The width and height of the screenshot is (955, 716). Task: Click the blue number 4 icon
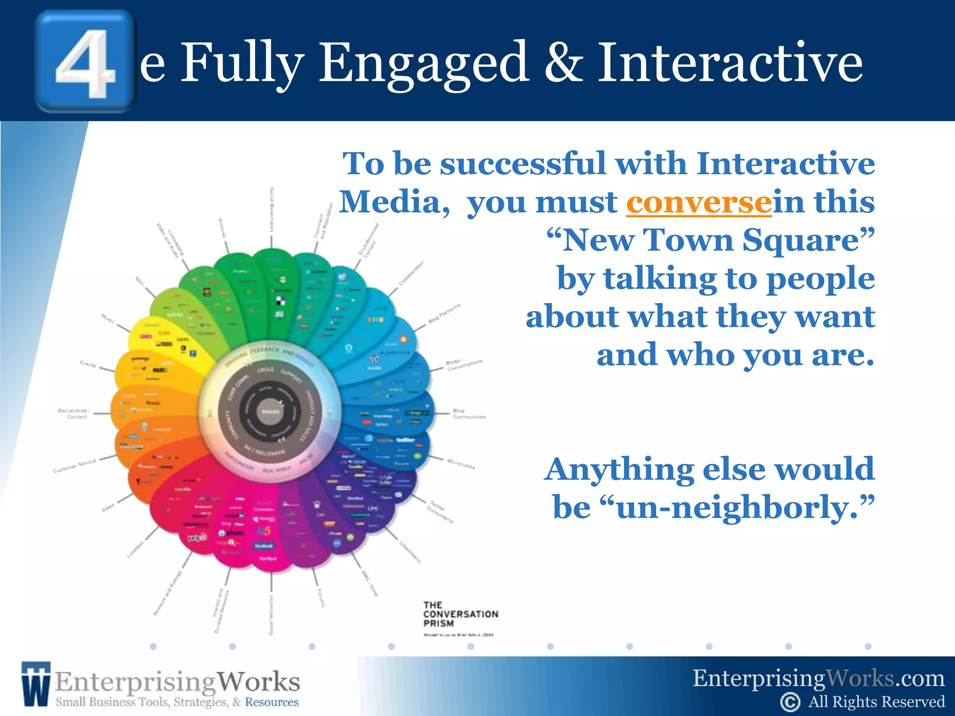(x=85, y=62)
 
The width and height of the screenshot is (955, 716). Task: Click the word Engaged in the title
(x=423, y=63)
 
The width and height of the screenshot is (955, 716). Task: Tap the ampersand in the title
(x=563, y=63)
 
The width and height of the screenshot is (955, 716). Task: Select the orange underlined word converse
(x=699, y=202)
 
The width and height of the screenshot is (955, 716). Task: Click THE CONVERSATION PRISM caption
(x=460, y=614)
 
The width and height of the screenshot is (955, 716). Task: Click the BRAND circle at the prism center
(x=270, y=412)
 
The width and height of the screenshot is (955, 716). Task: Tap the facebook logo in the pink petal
(x=264, y=545)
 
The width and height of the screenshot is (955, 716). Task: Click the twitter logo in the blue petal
(x=405, y=440)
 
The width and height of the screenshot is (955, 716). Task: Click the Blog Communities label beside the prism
(x=468, y=414)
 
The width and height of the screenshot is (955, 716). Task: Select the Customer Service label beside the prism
(x=75, y=466)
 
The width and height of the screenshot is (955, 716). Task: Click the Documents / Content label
(x=74, y=414)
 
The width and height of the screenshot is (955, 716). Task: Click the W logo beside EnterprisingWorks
(x=35, y=683)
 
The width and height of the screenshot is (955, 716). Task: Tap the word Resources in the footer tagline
(x=272, y=702)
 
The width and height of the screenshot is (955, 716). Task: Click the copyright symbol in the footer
(x=790, y=702)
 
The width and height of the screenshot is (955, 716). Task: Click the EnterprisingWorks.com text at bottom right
(x=818, y=678)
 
